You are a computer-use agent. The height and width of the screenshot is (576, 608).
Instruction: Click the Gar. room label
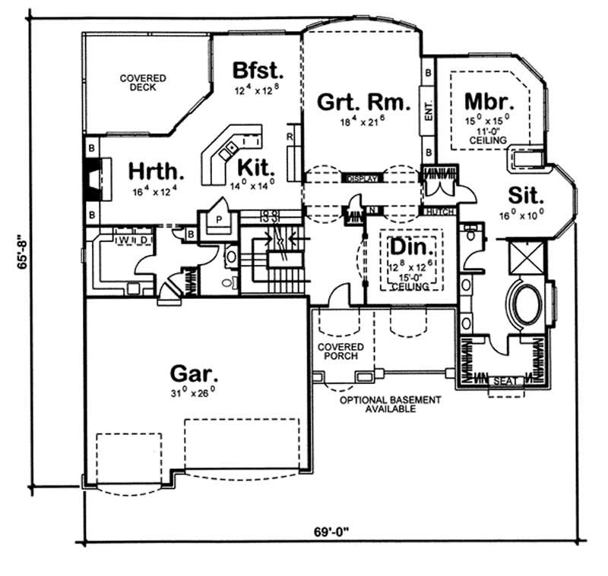coord(194,373)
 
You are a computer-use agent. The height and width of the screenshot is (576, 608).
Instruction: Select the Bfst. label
coord(258,71)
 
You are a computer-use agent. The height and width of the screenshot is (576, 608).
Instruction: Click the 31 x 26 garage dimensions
coord(194,392)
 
